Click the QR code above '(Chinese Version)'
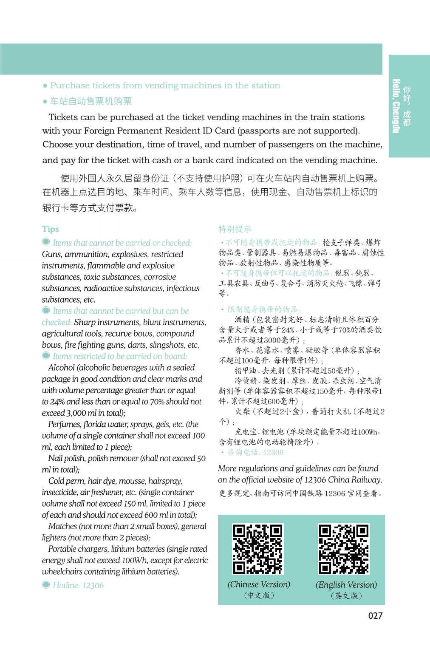(258, 549)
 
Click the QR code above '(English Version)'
(344, 549)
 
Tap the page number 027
(375, 615)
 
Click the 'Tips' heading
(51, 229)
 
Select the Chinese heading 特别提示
(235, 229)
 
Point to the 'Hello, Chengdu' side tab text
(396, 106)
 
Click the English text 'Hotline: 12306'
(78, 585)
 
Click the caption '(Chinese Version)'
(259, 584)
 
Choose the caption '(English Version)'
(346, 585)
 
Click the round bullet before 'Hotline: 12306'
(46, 585)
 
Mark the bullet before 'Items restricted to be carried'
(46, 356)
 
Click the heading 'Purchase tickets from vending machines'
(165, 85)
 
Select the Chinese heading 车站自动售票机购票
(91, 101)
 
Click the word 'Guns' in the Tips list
(51, 254)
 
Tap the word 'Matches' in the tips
(62, 526)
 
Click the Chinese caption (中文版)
(259, 595)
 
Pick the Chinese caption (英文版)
(346, 595)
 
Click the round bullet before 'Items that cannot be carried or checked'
(46, 242)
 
